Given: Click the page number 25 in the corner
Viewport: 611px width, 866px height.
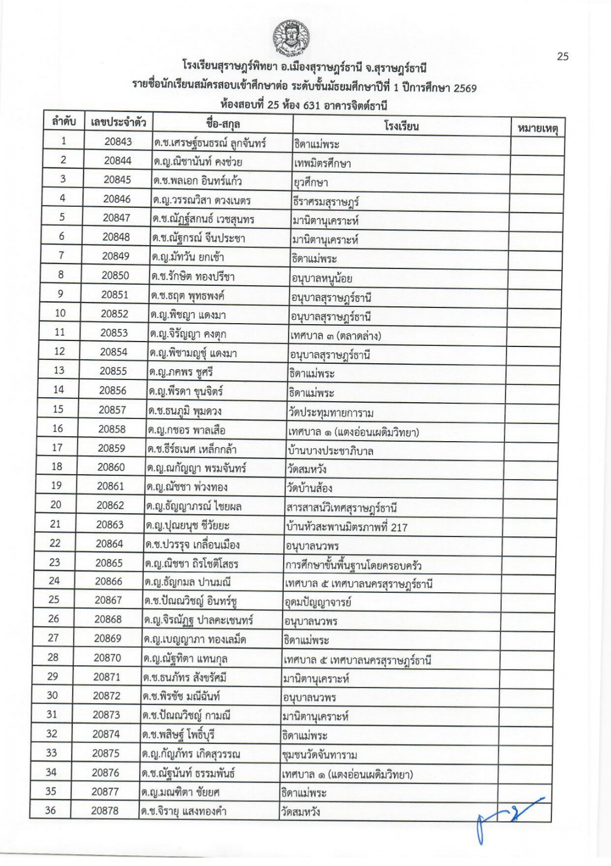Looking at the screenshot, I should pyautogui.click(x=562, y=56).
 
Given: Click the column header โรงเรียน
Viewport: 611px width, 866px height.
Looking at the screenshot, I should pyautogui.click(x=401, y=126).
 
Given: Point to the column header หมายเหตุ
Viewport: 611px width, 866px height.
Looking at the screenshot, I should pyautogui.click(x=537, y=128).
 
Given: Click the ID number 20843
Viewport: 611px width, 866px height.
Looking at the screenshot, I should pyautogui.click(x=118, y=141).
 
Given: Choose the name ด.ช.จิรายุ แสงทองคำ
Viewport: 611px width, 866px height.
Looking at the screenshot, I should pyautogui.click(x=184, y=811).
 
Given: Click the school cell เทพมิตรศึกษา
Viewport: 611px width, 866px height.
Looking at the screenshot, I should pyautogui.click(x=323, y=163).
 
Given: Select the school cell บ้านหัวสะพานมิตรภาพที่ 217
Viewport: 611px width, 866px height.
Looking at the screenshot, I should pyautogui.click(x=347, y=527).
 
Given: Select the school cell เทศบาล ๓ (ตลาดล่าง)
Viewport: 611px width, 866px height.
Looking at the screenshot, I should pyautogui.click(x=336, y=336).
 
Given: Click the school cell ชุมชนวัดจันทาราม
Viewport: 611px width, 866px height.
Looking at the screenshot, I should pyautogui.click(x=320, y=755).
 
